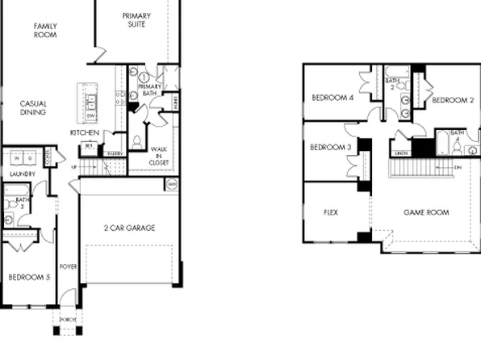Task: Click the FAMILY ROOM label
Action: (45, 31)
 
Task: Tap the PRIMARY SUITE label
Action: (136, 20)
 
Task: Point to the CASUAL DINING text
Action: (33, 108)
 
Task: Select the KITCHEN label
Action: (85, 132)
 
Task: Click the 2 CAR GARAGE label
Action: (129, 227)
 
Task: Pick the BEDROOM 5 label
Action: (27, 277)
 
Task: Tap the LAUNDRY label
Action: (23, 174)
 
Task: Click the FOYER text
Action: (68, 266)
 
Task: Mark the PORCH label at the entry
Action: (68, 320)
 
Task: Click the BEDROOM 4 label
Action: (333, 98)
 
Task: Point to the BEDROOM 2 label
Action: (452, 100)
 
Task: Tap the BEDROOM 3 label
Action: (331, 147)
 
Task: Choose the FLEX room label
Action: (330, 213)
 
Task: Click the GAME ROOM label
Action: (426, 213)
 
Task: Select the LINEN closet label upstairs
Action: (401, 152)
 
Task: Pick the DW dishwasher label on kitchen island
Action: (91, 116)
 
